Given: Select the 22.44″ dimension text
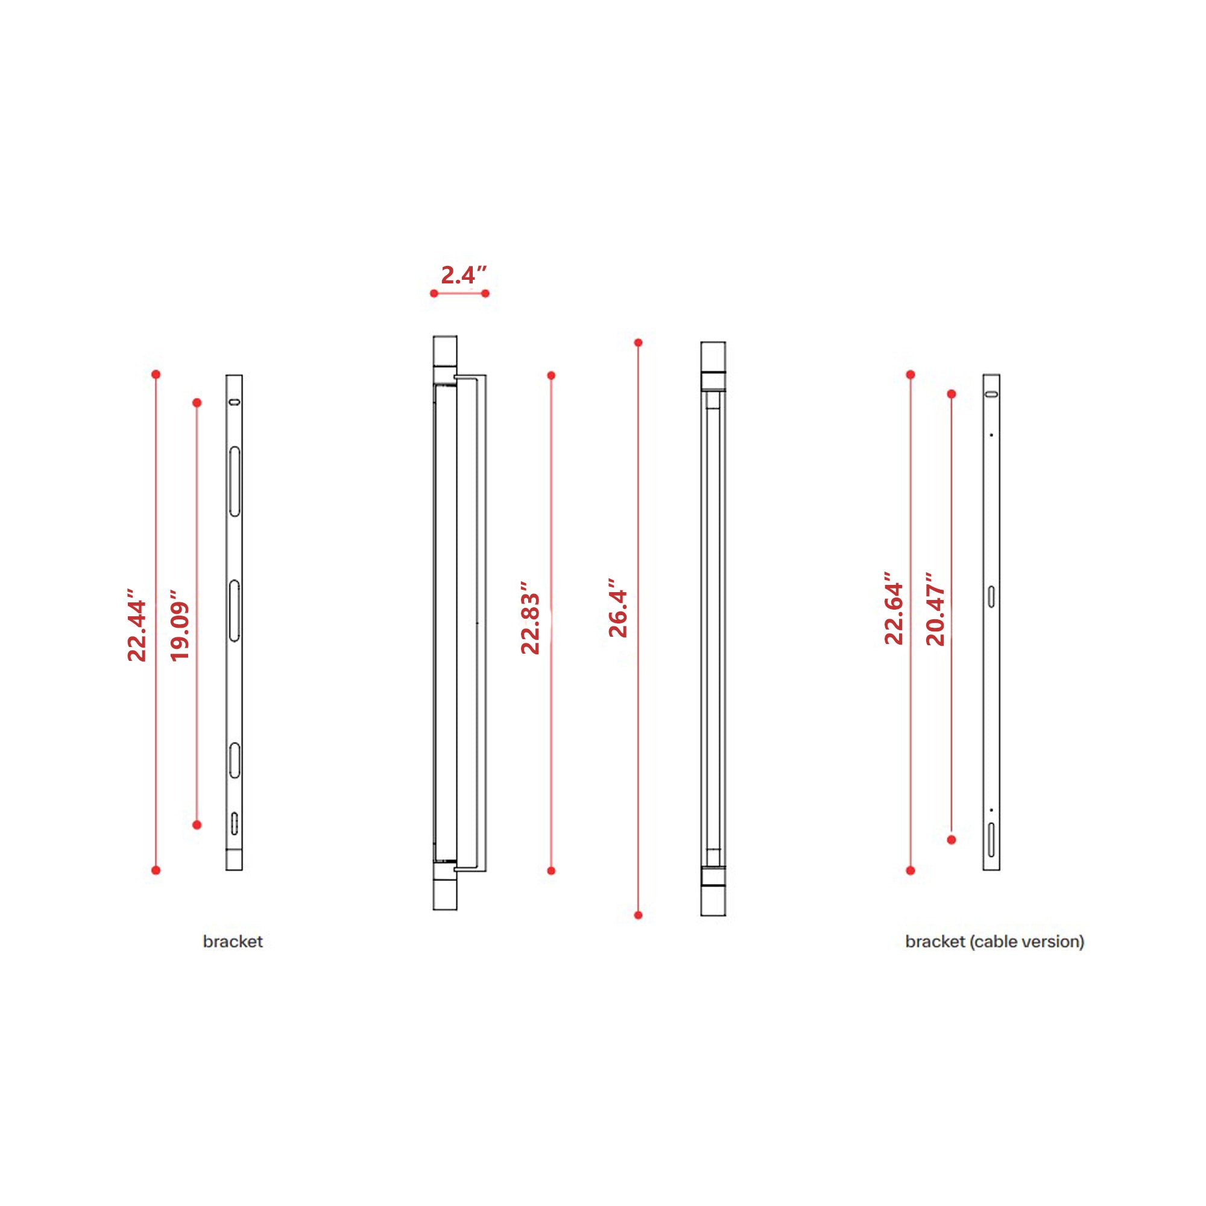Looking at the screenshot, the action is click(x=136, y=624).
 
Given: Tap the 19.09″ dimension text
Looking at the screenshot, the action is click(x=179, y=625).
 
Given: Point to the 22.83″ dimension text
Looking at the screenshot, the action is click(x=530, y=618).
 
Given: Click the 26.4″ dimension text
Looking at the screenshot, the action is click(x=617, y=607).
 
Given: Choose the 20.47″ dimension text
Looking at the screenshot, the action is click(x=935, y=608).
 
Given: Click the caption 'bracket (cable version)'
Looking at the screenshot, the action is click(x=994, y=941).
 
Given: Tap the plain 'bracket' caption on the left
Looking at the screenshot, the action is click(x=233, y=941).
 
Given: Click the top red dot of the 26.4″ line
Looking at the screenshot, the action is click(x=638, y=343).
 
